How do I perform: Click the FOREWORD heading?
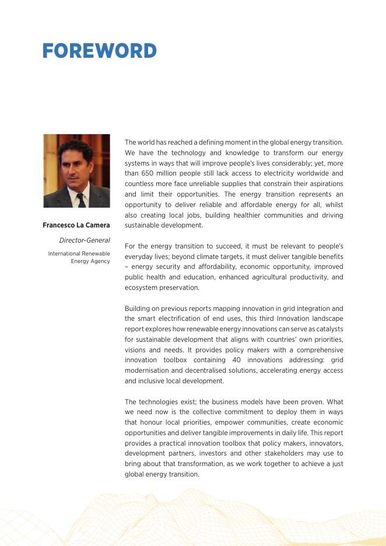(x=99, y=51)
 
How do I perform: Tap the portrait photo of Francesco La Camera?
(x=76, y=171)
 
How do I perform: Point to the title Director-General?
(x=85, y=240)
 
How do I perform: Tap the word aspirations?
(x=324, y=184)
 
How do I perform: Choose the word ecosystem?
(x=142, y=288)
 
